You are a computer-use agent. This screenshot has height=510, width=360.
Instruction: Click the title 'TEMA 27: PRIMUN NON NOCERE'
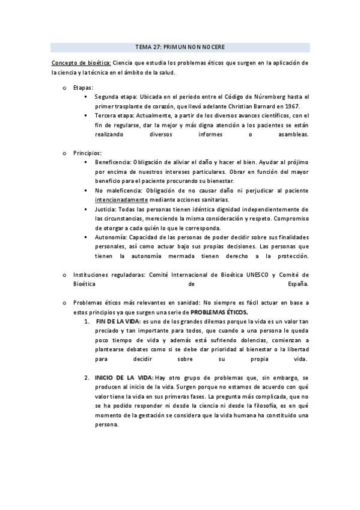180,46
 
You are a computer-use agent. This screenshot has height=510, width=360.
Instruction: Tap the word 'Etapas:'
83,88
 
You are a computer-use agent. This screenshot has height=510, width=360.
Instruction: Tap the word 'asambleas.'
291,135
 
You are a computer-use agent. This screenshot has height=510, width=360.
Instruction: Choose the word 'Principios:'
87,153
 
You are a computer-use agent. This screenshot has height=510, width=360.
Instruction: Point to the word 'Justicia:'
106,209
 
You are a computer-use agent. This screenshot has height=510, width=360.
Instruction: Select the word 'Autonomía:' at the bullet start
110,238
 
